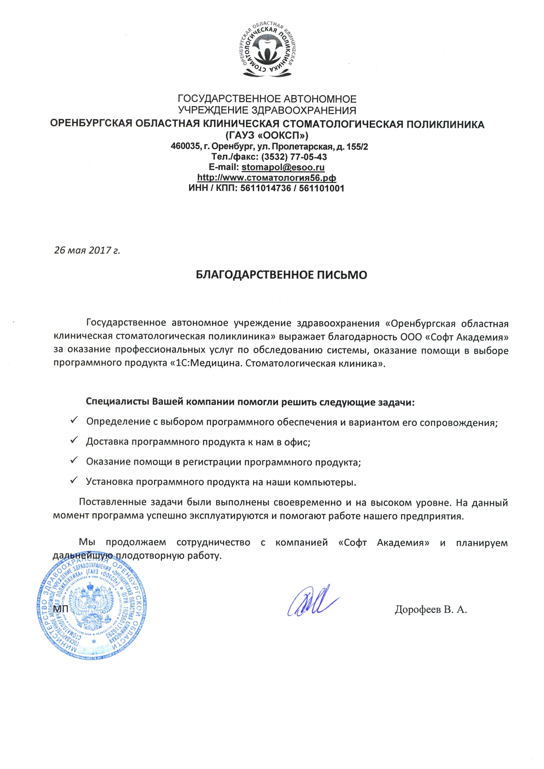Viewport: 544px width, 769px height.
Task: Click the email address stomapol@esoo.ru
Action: pyautogui.click(x=283, y=167)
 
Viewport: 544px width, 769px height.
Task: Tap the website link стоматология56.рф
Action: pyautogui.click(x=267, y=178)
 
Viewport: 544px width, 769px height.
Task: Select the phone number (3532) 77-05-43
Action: pyautogui.click(x=294, y=157)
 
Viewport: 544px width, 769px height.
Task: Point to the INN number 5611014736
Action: pyautogui.click(x=265, y=188)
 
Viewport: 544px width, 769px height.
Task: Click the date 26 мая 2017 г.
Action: pyautogui.click(x=87, y=250)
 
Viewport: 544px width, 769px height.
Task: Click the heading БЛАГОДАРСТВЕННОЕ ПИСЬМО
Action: pyautogui.click(x=281, y=275)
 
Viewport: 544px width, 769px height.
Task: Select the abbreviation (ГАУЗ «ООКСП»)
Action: pyautogui.click(x=267, y=136)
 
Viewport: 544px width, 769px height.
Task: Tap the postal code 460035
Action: pyautogui.click(x=185, y=147)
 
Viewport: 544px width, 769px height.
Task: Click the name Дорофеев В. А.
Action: pyautogui.click(x=430, y=609)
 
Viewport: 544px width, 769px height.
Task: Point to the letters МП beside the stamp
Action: pyautogui.click(x=61, y=609)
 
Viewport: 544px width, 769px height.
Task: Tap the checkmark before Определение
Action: pyautogui.click(x=74, y=420)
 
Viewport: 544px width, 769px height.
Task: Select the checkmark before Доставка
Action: pyautogui.click(x=74, y=440)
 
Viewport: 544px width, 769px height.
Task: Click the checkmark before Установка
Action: pyautogui.click(x=74, y=480)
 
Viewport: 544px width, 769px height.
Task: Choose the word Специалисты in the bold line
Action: pyautogui.click(x=117, y=402)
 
